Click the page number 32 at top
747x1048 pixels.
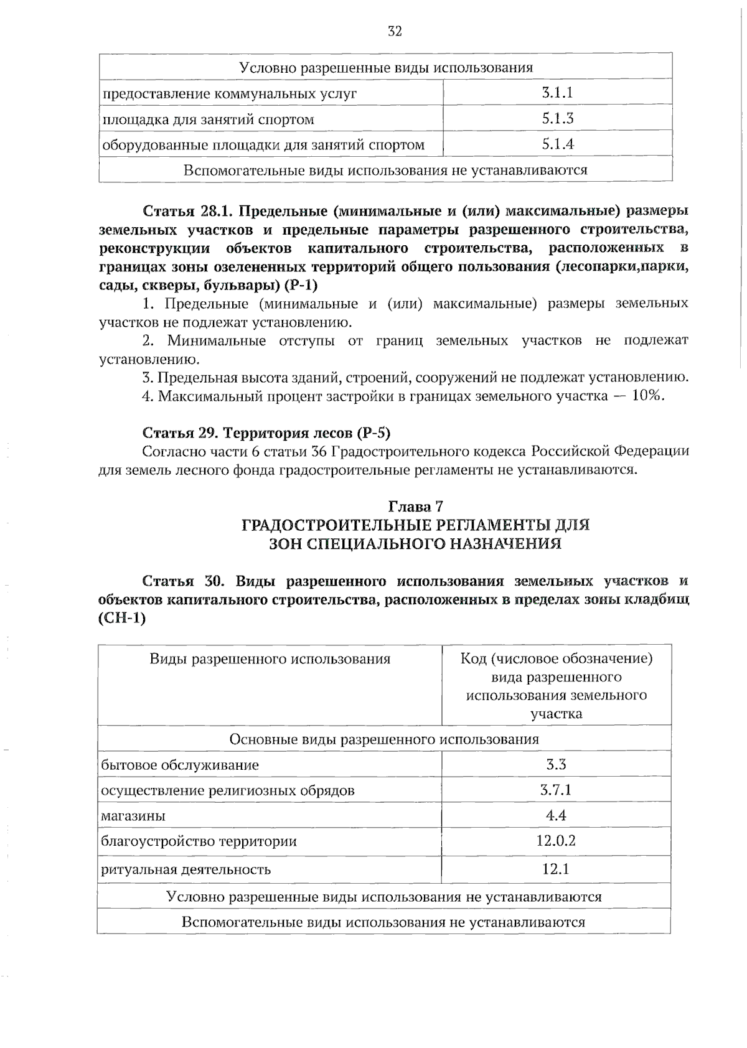pos(394,31)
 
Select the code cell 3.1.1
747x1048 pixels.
pos(557,93)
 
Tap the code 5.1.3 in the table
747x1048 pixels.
pos(557,118)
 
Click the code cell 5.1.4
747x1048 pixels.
pos(557,144)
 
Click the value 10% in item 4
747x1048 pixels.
pos(647,396)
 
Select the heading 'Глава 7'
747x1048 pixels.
pos(416,507)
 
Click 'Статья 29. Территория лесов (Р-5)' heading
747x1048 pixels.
pos(266,433)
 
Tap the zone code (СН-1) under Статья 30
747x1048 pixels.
pos(122,619)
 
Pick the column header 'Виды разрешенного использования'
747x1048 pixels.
pos(270,659)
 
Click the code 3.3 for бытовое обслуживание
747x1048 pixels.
pos(556,764)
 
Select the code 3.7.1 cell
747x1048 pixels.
pos(556,790)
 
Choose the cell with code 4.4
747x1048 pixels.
pos(556,815)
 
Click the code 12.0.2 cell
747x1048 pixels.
pos(556,841)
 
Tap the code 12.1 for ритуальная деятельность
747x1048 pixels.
pos(556,869)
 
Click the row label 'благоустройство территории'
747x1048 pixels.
pos(199,841)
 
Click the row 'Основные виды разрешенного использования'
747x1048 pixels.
pos(384,739)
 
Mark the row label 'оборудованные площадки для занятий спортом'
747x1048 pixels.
pos(263,145)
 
